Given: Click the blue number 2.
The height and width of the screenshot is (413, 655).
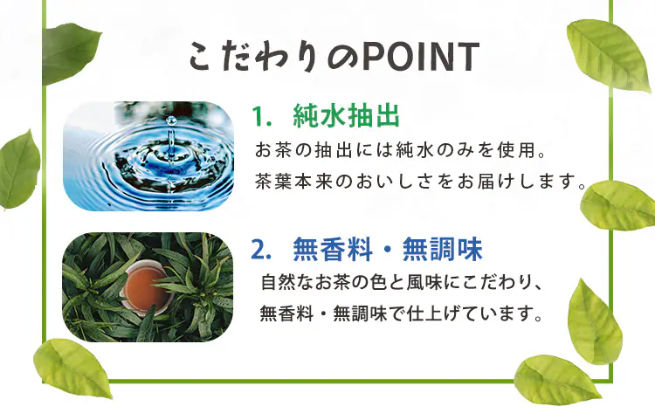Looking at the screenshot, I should (259, 251).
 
